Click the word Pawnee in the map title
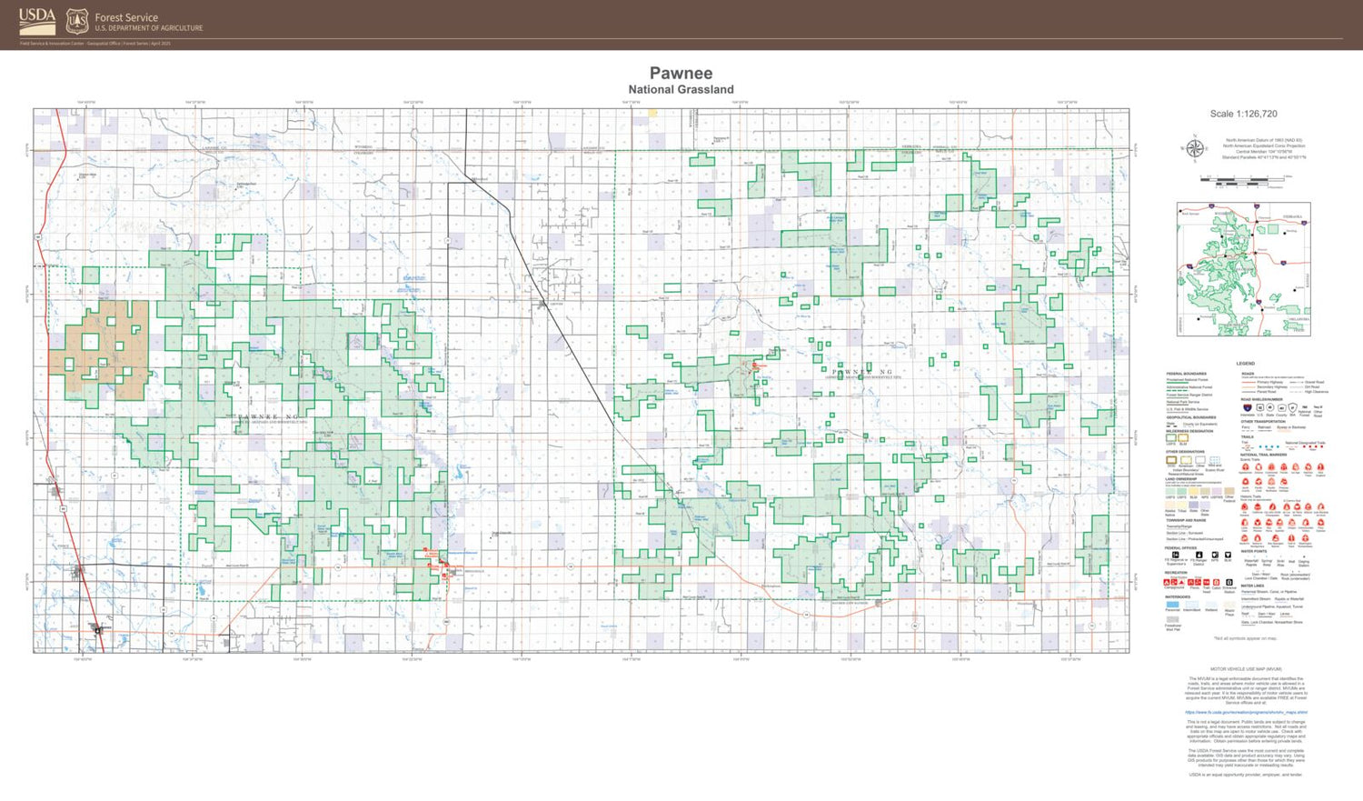tap(681, 74)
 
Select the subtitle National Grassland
tap(681, 89)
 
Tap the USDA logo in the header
tap(37, 19)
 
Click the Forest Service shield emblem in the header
tap(77, 21)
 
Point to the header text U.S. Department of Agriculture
tap(149, 28)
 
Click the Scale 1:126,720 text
tap(1243, 115)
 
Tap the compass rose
tap(1195, 149)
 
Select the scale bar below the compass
tap(1243, 180)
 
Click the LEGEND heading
tap(1245, 364)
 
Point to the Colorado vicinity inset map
tap(1243, 269)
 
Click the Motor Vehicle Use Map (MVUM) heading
tap(1245, 669)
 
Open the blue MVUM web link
tap(1246, 713)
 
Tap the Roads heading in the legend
tap(1247, 374)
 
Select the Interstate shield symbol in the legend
tap(1247, 408)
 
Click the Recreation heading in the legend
tap(1176, 573)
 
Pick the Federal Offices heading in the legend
tap(1180, 548)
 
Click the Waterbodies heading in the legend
tap(1178, 597)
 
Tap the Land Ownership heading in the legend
tap(1180, 479)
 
